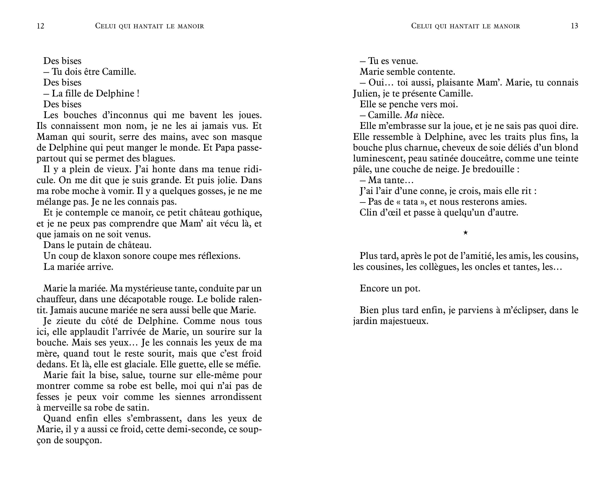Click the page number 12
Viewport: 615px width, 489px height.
(40, 26)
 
